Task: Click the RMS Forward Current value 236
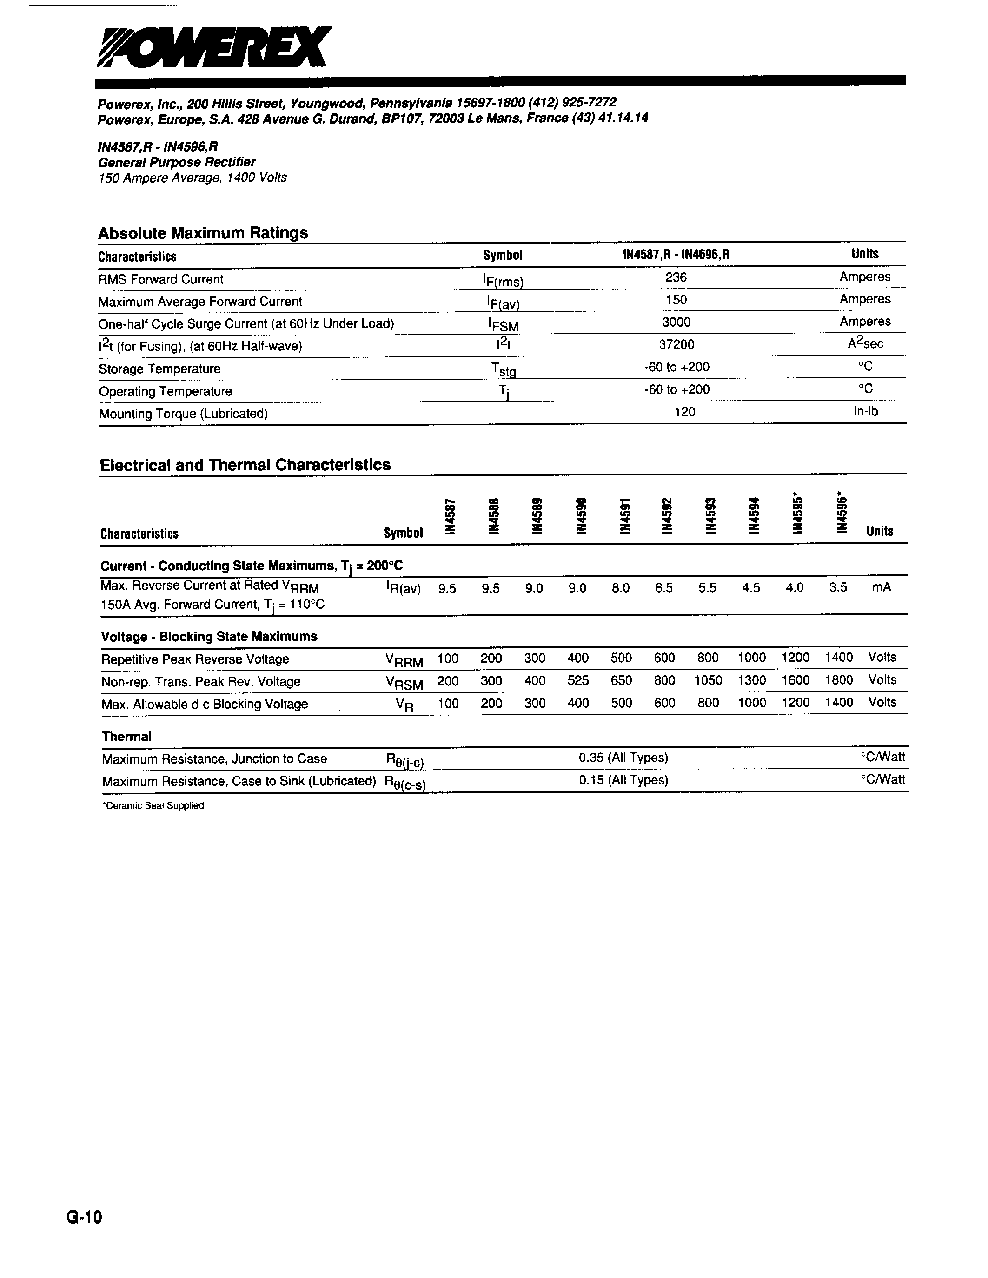(x=676, y=277)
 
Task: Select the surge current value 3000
(x=676, y=323)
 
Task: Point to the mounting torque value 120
(x=684, y=412)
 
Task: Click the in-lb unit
(x=866, y=411)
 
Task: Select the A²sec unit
(x=866, y=343)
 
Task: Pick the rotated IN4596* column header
(x=842, y=512)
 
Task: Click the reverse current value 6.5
(x=664, y=588)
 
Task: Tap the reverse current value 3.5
(x=838, y=587)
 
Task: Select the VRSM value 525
(x=578, y=680)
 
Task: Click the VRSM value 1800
(x=839, y=680)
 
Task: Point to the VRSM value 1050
(x=708, y=680)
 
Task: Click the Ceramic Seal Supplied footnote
(x=153, y=806)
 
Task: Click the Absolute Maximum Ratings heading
(x=203, y=233)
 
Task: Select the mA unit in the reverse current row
(x=882, y=587)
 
